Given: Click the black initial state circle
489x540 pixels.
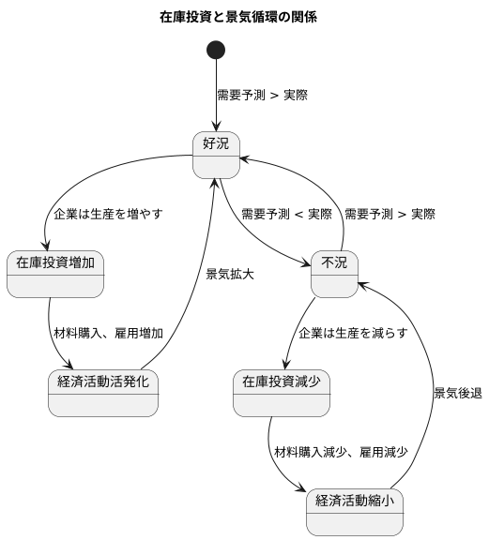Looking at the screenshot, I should [x=217, y=50].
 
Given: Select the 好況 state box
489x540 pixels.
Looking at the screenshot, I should [x=217, y=154].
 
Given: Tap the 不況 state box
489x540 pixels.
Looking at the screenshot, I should [x=334, y=274].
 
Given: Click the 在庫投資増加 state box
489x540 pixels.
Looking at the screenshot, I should [x=55, y=274].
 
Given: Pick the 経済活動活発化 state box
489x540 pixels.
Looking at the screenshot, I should [x=103, y=393].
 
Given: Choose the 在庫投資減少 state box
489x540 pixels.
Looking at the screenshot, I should [x=281, y=393].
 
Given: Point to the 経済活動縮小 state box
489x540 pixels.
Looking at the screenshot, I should [x=355, y=511].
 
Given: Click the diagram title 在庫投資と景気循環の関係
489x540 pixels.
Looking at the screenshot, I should [x=244, y=17].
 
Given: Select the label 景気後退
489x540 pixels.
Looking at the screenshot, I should [x=457, y=393].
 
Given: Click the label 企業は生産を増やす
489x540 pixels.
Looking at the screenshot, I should [x=108, y=214].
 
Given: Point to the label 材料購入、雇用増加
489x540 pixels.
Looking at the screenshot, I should [x=108, y=333].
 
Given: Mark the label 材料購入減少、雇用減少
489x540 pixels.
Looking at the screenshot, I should [x=341, y=452].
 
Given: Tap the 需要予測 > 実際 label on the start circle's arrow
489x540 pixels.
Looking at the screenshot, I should [x=262, y=95].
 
